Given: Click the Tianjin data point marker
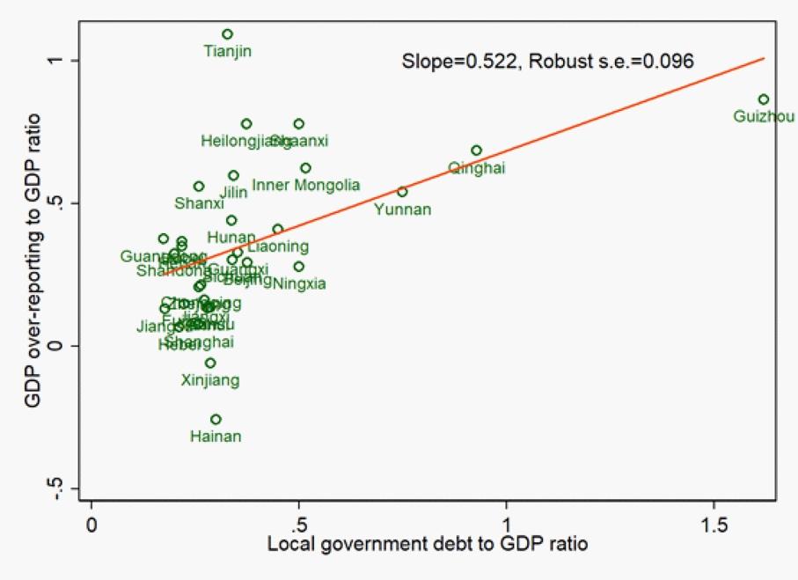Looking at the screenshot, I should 227,34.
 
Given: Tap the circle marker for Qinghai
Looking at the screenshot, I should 476,151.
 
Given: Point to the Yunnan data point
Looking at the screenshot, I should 402,192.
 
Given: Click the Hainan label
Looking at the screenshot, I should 216,436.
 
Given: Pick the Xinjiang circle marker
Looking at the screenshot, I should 210,363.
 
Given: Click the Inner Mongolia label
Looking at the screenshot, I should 306,185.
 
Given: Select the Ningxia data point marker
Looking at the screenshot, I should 299,267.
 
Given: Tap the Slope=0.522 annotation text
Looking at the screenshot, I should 548,62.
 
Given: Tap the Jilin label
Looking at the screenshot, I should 233,192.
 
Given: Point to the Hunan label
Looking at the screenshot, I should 231,238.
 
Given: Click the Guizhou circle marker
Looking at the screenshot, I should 763,99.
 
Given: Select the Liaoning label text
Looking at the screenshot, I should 278,247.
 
